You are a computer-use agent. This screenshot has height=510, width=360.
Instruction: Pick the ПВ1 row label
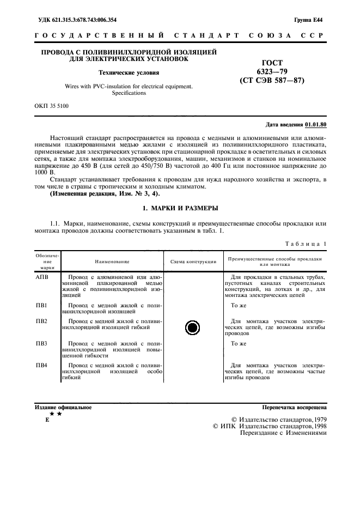pyautogui.click(x=42, y=305)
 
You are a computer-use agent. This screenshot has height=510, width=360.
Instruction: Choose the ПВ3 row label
pyautogui.click(x=42, y=344)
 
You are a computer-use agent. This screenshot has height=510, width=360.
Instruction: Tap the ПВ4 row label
pyautogui.click(x=42, y=365)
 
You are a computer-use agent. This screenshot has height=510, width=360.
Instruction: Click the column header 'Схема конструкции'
pyautogui.click(x=193, y=261)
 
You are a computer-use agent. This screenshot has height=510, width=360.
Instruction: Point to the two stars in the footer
pyautogui.click(x=56, y=414)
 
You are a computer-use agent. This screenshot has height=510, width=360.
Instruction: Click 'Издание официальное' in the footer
pyautogui.click(x=63, y=407)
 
